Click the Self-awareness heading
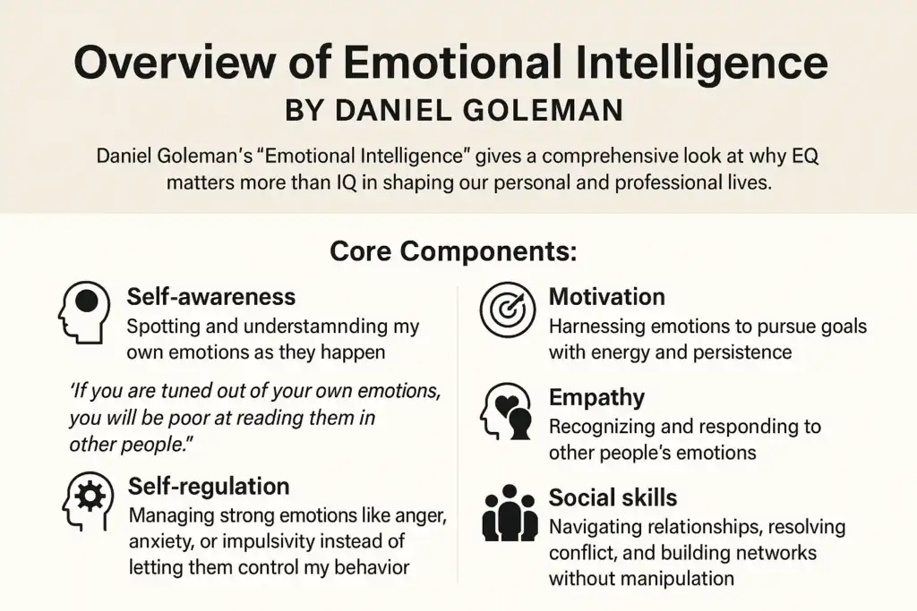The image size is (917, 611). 211,297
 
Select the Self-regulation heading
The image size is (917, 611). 209,487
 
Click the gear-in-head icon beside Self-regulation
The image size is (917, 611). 87,501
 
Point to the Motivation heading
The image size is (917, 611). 606,297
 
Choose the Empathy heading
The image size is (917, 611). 596,398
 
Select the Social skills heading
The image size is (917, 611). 613,497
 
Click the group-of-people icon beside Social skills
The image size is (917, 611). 510,513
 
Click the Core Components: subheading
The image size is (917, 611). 453,251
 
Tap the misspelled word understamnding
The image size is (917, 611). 315,327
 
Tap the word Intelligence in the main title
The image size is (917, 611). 702,64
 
